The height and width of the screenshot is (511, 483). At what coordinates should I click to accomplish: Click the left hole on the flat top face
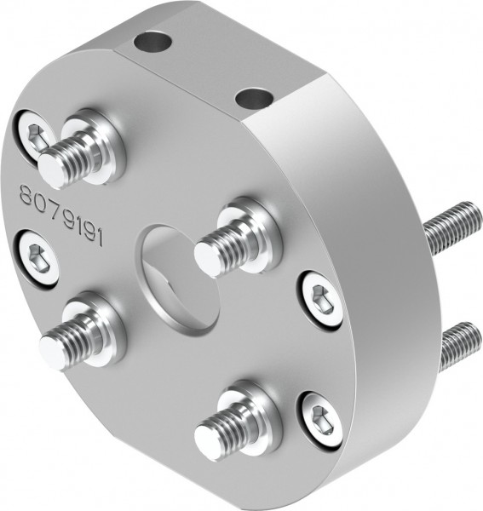click(x=153, y=40)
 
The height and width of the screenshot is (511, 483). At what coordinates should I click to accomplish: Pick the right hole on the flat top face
click(x=253, y=99)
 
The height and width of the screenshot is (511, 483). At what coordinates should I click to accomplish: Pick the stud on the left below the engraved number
click(x=55, y=350)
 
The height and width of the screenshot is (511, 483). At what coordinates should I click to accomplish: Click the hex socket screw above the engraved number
click(x=34, y=135)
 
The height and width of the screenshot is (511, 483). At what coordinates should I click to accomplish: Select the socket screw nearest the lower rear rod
click(x=321, y=299)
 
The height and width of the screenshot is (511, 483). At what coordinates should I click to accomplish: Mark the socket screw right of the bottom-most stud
click(x=320, y=421)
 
